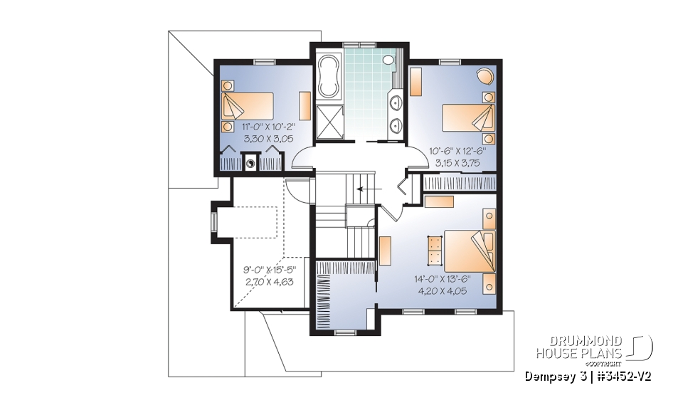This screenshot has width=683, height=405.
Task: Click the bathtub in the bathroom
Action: click(x=329, y=76)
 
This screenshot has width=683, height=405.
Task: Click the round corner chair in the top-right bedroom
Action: click(x=485, y=75)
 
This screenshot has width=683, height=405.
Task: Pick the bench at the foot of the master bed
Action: click(x=434, y=250)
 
